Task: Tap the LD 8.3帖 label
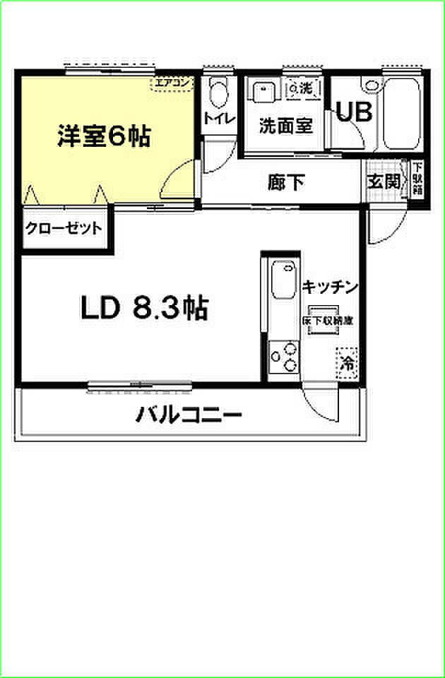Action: (143, 308)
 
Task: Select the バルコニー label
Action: (189, 414)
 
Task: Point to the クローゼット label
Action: (64, 229)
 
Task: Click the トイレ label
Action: (217, 118)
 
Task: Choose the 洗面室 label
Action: (285, 126)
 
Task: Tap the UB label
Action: (352, 114)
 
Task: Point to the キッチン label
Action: (331, 287)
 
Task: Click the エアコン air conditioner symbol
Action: (172, 84)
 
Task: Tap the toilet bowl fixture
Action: (220, 91)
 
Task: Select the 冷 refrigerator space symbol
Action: (348, 364)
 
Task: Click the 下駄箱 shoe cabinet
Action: (417, 182)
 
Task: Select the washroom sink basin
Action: (263, 91)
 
